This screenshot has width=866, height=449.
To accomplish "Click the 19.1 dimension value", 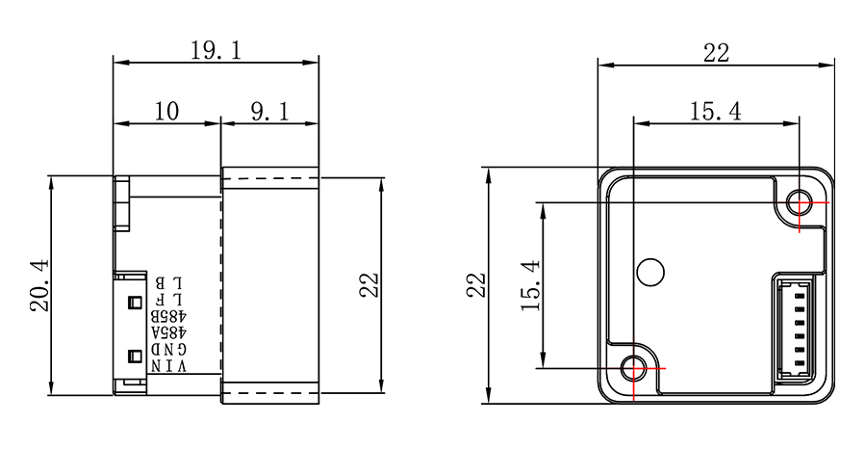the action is [216, 50].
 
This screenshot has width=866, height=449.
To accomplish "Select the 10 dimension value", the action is [166, 111].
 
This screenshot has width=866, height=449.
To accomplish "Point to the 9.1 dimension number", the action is [269, 112].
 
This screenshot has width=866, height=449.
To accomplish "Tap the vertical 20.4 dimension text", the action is [40, 285].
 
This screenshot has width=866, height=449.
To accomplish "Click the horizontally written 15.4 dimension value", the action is [716, 111].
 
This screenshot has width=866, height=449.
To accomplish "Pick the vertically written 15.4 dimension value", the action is [530, 285].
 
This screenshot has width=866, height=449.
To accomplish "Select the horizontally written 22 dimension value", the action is [716, 53].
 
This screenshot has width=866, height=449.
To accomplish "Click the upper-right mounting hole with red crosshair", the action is [800, 202].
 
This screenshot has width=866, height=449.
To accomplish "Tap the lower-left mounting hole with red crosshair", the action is [633, 368].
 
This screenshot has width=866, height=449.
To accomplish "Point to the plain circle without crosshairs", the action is [650, 272].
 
